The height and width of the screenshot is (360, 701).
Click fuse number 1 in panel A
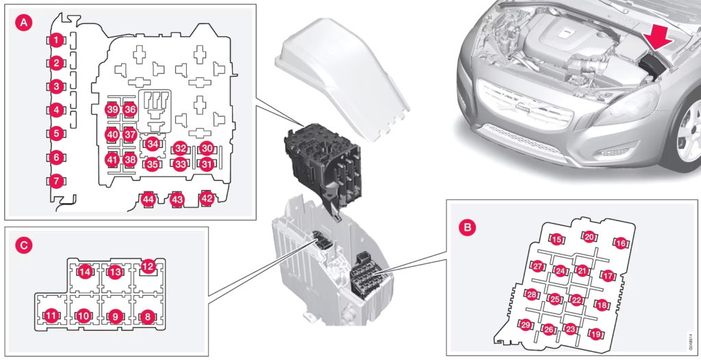(x=56, y=40)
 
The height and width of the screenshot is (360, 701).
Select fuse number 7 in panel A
(x=56, y=181)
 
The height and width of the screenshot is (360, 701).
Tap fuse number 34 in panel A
(x=153, y=144)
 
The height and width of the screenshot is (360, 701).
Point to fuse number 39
(x=112, y=110)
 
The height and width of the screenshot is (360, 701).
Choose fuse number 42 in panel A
(x=207, y=198)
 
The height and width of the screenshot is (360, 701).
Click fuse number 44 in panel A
(x=149, y=200)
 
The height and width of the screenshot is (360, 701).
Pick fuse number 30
(x=206, y=148)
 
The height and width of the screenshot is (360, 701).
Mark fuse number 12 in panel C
(x=148, y=268)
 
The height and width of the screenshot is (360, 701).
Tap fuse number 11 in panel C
(x=51, y=316)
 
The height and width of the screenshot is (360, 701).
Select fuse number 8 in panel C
(x=148, y=317)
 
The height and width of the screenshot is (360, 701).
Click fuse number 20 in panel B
(x=589, y=237)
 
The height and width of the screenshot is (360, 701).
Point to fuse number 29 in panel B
(x=526, y=324)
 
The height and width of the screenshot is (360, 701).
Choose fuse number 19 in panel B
(x=596, y=333)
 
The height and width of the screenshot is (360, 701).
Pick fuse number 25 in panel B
(x=555, y=299)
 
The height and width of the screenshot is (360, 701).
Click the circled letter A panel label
(x=24, y=23)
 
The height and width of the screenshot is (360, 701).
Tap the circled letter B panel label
(x=468, y=227)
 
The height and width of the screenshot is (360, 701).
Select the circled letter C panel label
(x=24, y=245)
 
